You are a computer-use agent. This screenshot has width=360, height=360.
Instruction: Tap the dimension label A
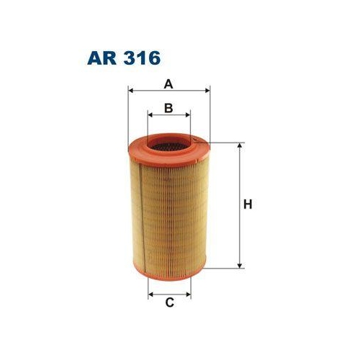click(x=168, y=84)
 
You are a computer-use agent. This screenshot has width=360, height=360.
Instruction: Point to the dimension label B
click(x=168, y=108)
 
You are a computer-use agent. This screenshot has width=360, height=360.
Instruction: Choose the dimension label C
click(x=170, y=302)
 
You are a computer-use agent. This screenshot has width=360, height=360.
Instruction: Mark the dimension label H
click(x=247, y=204)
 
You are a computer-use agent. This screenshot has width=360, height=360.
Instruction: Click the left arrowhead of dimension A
click(x=131, y=91)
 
